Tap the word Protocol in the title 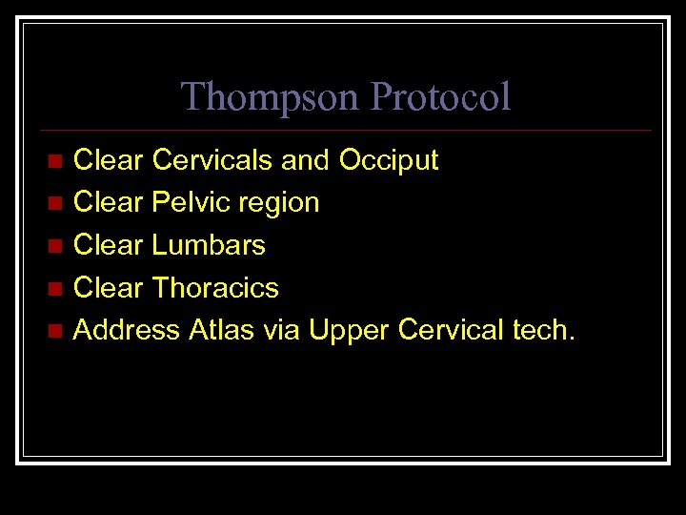[440, 97]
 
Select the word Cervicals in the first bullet [212, 160]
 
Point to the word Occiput [389, 160]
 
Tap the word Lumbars [209, 245]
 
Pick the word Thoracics [215, 288]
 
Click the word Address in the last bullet [127, 331]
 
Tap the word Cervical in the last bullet [451, 331]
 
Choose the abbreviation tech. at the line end [544, 331]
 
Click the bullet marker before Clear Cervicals [55, 160]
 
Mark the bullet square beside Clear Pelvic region [55, 203]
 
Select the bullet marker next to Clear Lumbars [55, 246]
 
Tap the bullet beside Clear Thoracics [55, 289]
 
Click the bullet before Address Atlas [55, 332]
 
